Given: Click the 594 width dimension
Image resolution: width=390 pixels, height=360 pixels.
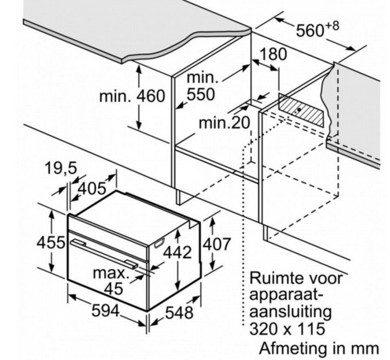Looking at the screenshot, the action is click(106, 311).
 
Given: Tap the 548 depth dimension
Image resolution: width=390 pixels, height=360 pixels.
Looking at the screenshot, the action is click(179, 313).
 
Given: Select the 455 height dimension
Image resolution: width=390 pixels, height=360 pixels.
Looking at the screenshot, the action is click(51, 243).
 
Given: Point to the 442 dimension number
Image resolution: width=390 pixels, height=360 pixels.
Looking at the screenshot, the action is click(177, 252).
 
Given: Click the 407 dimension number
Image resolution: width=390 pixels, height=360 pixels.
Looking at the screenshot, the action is click(217, 244).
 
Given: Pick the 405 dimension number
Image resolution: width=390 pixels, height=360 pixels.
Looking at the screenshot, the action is click(92, 189).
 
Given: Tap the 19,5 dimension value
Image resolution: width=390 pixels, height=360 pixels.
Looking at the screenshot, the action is click(61, 168).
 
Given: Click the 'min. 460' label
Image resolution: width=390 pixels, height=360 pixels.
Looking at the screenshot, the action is click(132, 96).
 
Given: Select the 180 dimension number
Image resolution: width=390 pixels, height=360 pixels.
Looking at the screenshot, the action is click(273, 54).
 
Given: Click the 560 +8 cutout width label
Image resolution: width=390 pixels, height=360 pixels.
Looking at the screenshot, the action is click(318, 29).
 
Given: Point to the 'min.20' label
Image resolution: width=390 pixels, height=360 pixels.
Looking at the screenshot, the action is click(224, 123).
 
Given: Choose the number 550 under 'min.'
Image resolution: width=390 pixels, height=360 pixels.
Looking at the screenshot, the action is click(201, 94).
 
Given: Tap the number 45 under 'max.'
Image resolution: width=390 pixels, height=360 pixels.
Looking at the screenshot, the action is click(113, 289).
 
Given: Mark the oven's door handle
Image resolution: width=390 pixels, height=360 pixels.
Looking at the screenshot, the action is click(104, 254).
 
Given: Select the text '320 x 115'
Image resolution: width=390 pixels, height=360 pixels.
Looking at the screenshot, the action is click(287, 328).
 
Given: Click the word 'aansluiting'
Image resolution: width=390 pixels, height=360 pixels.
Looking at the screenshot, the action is click(291, 312).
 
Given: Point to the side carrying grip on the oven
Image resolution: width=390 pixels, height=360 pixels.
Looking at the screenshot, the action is click(159, 243).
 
